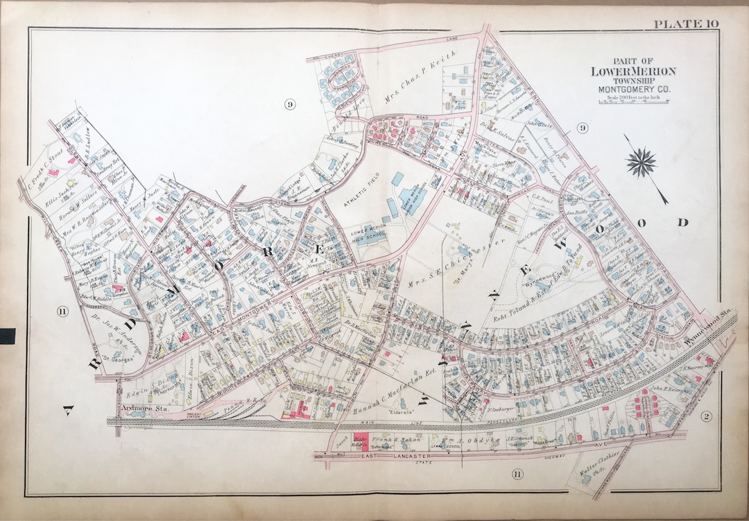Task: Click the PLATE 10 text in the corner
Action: click(685, 25)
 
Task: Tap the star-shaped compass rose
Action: click(641, 162)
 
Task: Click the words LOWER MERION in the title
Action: click(632, 71)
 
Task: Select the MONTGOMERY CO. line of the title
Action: click(632, 89)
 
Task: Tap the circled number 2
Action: click(707, 416)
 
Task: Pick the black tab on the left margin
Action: click(7, 336)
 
